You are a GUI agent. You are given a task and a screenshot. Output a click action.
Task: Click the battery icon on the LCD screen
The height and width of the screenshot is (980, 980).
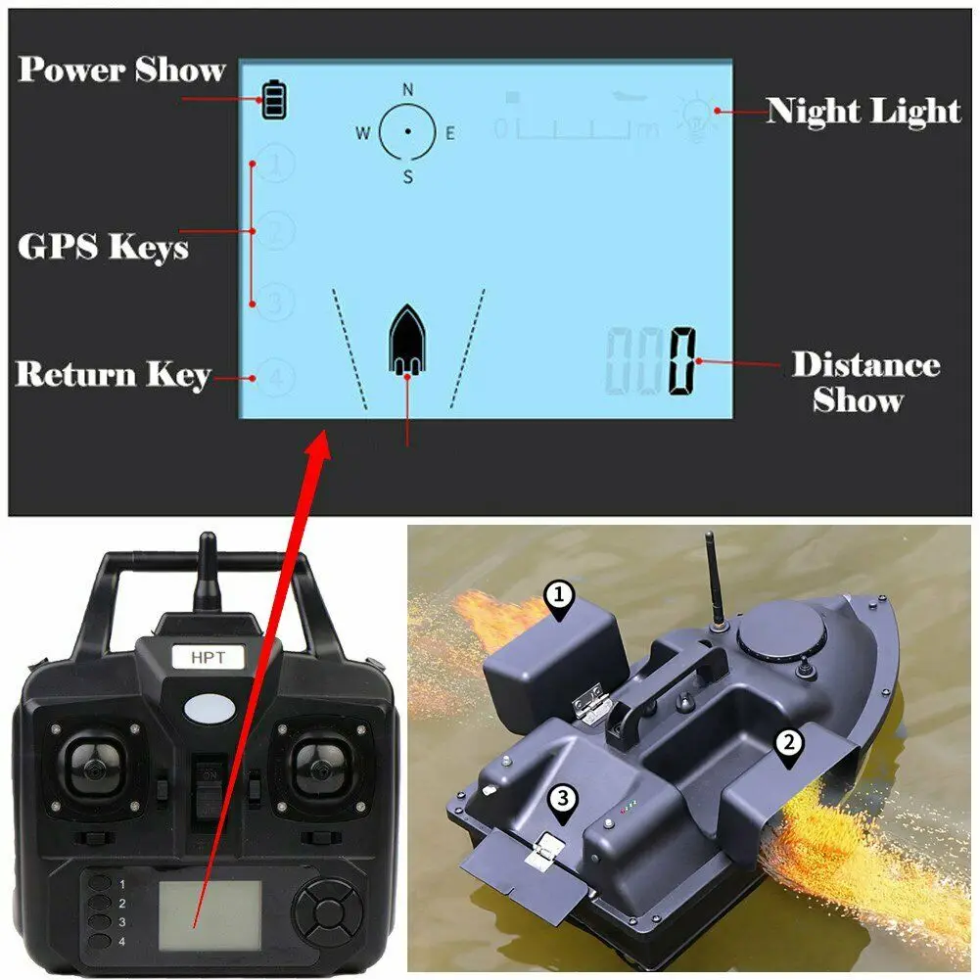pos(275,101)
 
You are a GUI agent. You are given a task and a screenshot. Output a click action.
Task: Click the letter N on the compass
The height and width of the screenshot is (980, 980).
pos(408,89)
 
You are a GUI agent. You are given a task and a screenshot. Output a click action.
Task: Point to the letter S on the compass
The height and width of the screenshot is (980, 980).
pos(408,177)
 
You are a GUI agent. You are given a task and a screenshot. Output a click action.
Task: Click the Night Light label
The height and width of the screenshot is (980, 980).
pos(863,111)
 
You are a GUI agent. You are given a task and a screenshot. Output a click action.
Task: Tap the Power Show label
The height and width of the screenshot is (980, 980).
pos(121,70)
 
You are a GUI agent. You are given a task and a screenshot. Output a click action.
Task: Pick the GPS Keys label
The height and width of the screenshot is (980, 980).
pos(103,247)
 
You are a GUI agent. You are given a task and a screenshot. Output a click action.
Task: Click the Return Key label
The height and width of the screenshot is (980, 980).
pos(113,375)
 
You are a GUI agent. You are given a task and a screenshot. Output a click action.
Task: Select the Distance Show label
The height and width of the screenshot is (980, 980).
pos(864,382)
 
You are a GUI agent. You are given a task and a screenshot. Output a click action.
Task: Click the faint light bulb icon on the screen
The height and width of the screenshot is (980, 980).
pos(696,115)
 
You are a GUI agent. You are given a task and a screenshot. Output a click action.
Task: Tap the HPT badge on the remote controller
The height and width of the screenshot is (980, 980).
pos(208,657)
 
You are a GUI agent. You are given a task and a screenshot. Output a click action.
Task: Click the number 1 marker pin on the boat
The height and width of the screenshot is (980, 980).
pos(559,599)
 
